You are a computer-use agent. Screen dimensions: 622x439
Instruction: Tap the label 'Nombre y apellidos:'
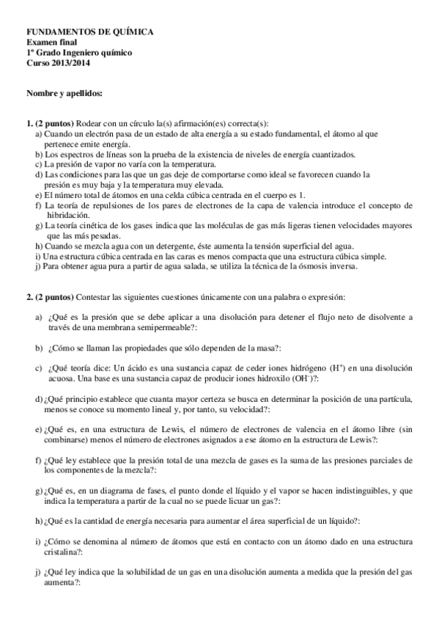tap(64, 94)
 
